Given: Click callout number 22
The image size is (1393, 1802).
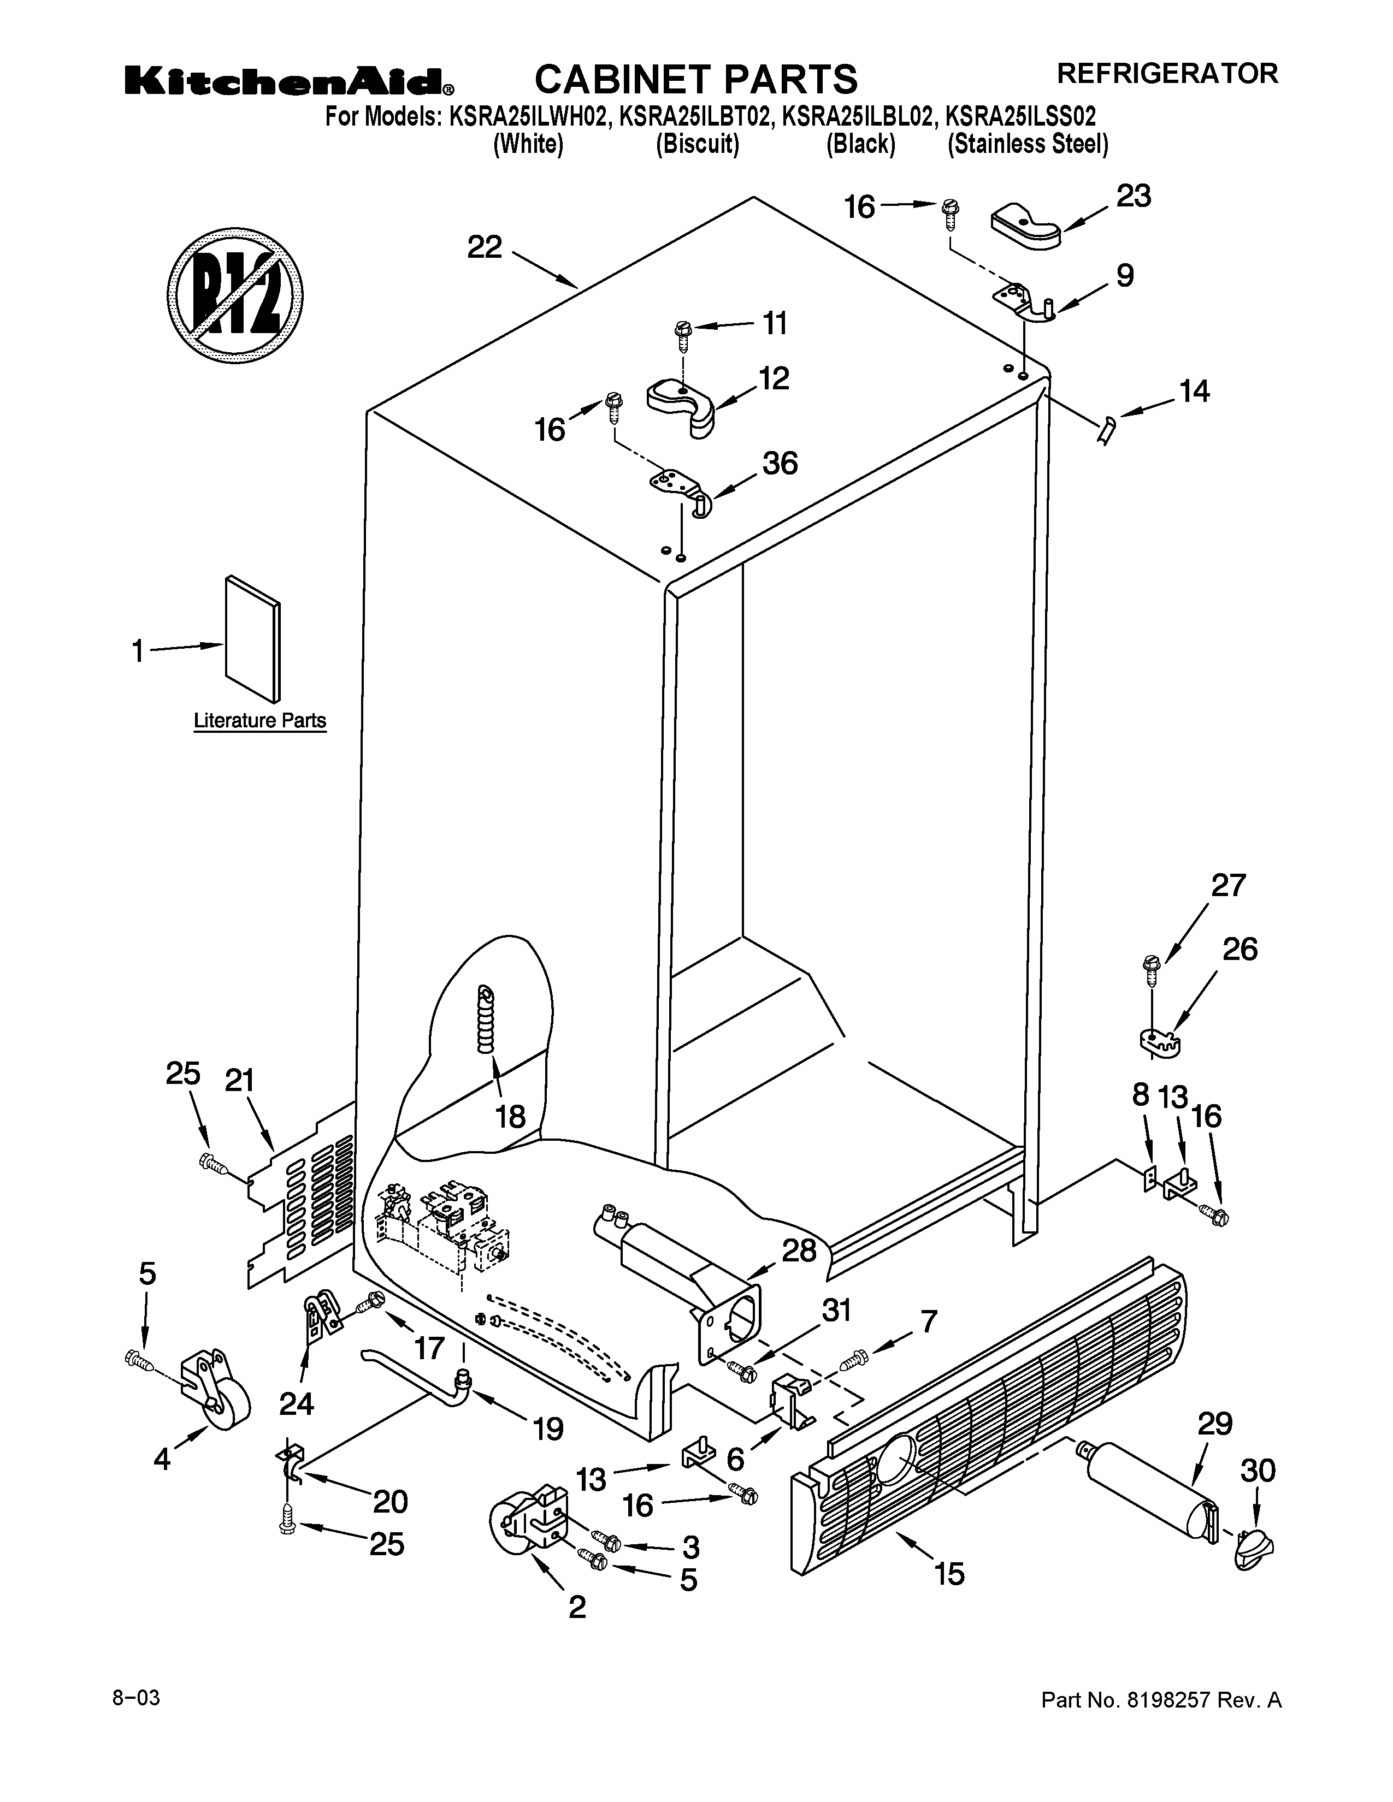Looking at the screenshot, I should (x=485, y=247).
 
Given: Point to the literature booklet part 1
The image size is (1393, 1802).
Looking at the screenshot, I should (x=252, y=639).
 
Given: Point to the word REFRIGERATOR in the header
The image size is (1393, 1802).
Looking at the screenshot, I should (x=1168, y=73).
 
